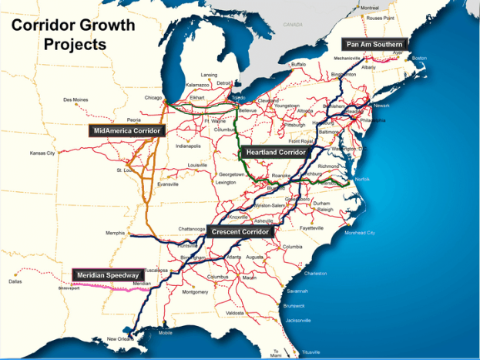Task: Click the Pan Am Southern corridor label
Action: pyautogui.click(x=374, y=45)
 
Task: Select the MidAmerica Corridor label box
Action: pyautogui.click(x=126, y=131)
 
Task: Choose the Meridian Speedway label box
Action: pyautogui.click(x=108, y=275)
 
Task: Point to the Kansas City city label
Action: pyautogui.click(x=42, y=153)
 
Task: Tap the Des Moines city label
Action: pyautogui.click(x=76, y=99)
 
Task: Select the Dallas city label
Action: pyautogui.click(x=15, y=281)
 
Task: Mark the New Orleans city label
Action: pyautogui.click(x=120, y=339)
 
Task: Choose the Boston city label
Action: pyautogui.click(x=419, y=59)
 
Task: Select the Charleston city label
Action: pyautogui.click(x=316, y=273)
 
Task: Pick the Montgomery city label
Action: pyautogui.click(x=195, y=292)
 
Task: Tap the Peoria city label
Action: pyautogui.click(x=113, y=120)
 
